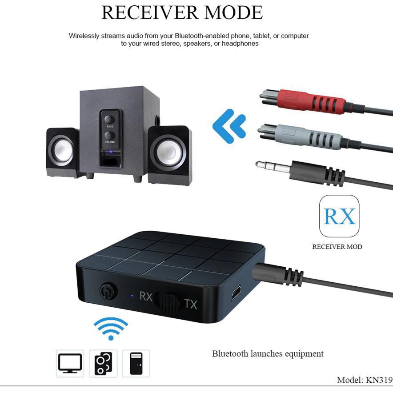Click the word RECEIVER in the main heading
point(150,12)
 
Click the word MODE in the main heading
point(233,12)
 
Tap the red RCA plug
point(311,101)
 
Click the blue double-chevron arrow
point(229,126)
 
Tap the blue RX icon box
point(339,216)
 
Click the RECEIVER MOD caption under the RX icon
point(337,247)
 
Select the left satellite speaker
point(63,152)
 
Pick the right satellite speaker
point(170,156)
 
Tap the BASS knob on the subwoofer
point(109,119)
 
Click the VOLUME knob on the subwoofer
point(109,136)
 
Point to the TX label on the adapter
point(191,304)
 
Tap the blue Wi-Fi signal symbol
point(111,329)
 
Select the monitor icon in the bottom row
point(70,363)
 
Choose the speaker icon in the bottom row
point(103,363)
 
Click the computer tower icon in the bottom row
point(136,363)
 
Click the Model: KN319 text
point(365,380)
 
